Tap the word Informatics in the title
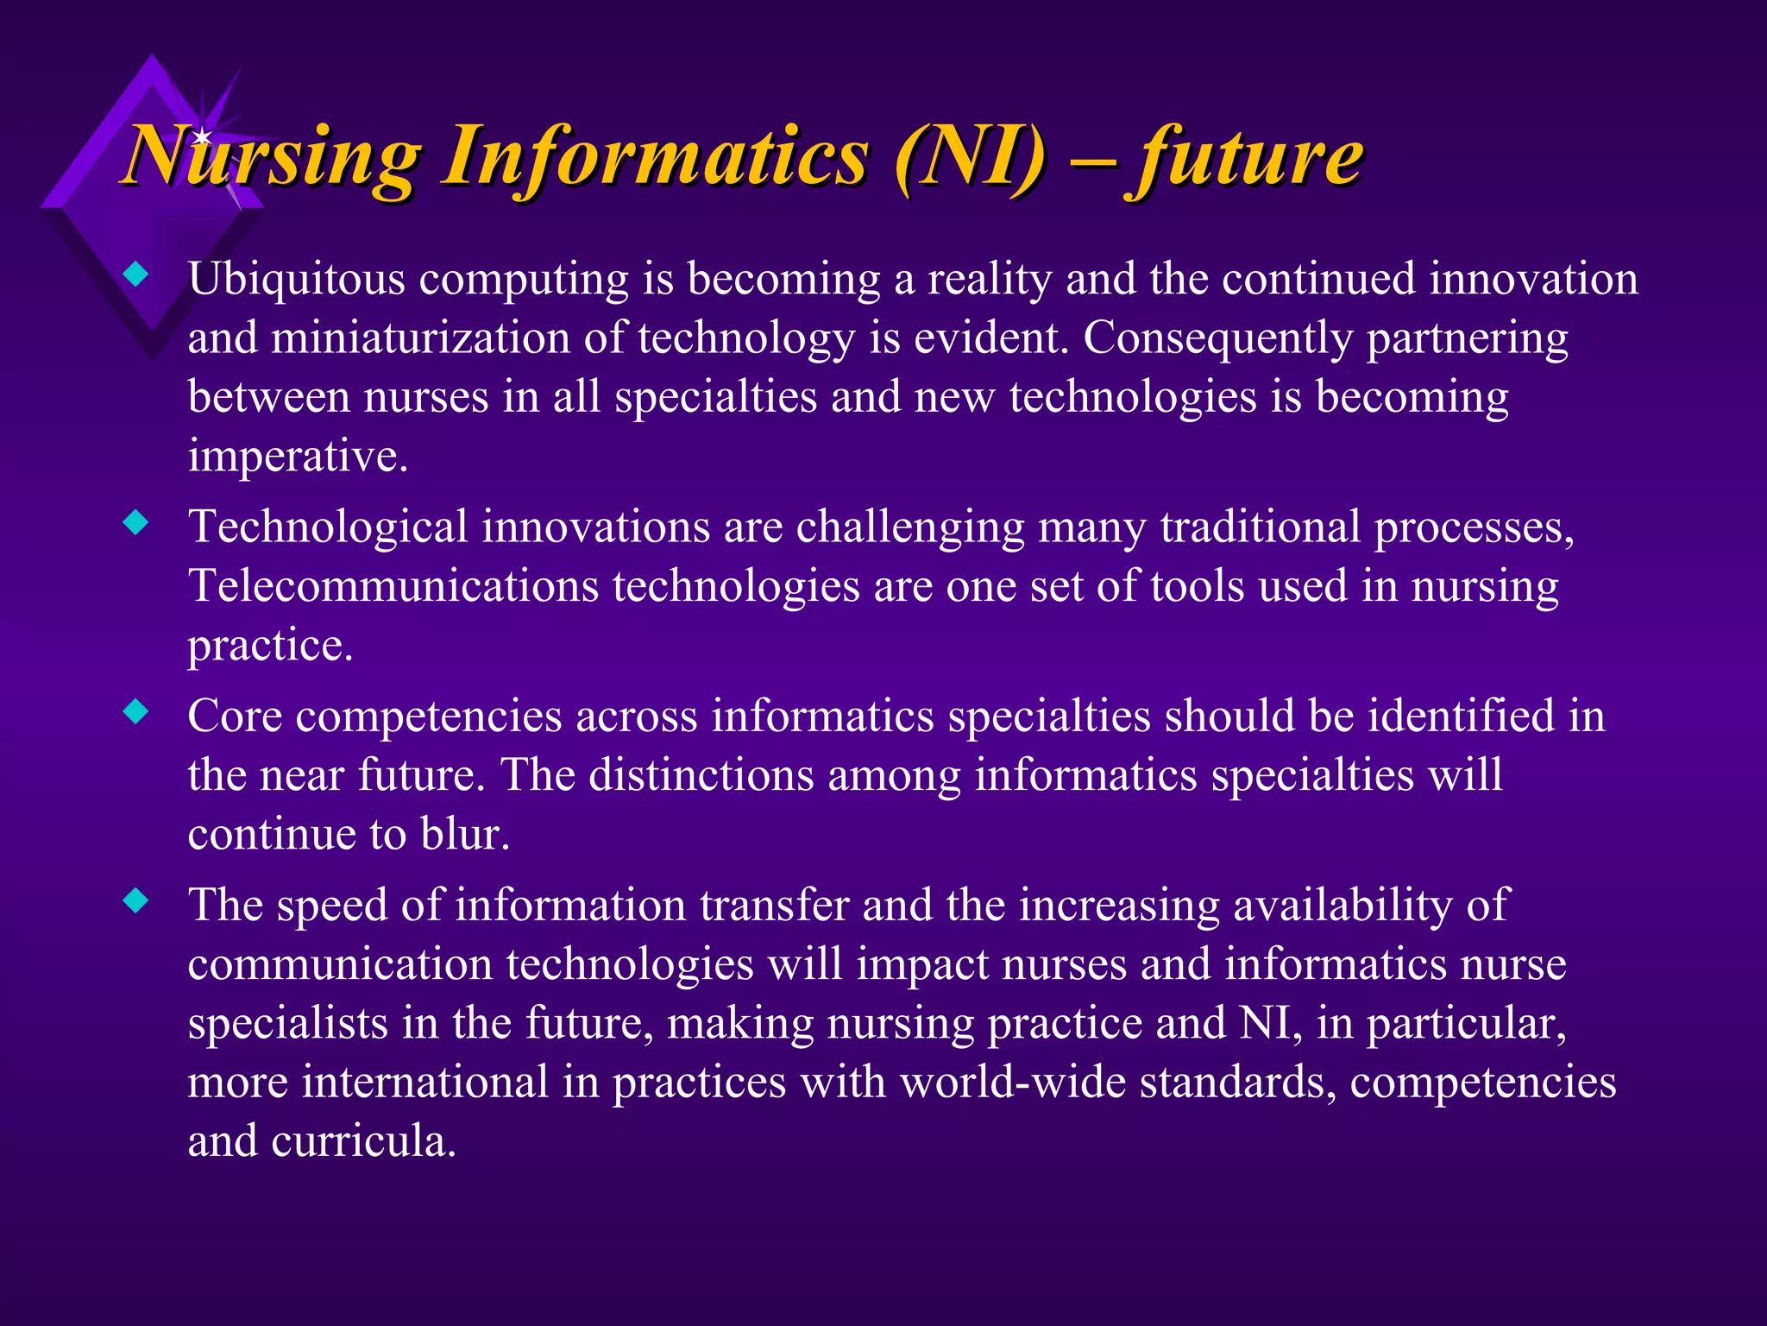point(656,157)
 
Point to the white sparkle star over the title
point(202,136)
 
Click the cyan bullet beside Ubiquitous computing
point(136,276)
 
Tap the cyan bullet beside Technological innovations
point(136,523)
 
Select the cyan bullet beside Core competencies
point(136,713)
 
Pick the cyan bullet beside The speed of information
point(136,902)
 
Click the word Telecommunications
point(393,586)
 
